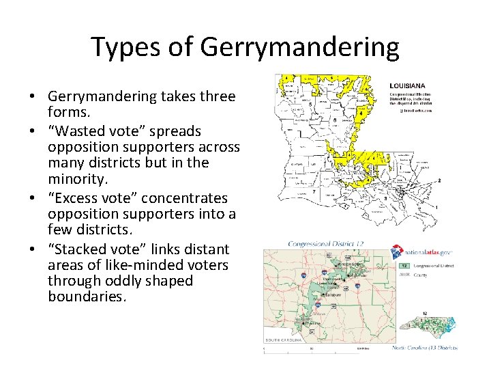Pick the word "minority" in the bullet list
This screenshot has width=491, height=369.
tap(74, 180)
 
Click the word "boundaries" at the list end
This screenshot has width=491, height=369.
tap(86, 297)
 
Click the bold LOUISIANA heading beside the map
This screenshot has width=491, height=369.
tap(407, 85)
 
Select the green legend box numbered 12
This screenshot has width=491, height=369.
tap(404, 265)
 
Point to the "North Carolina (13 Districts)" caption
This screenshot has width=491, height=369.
tap(425, 347)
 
